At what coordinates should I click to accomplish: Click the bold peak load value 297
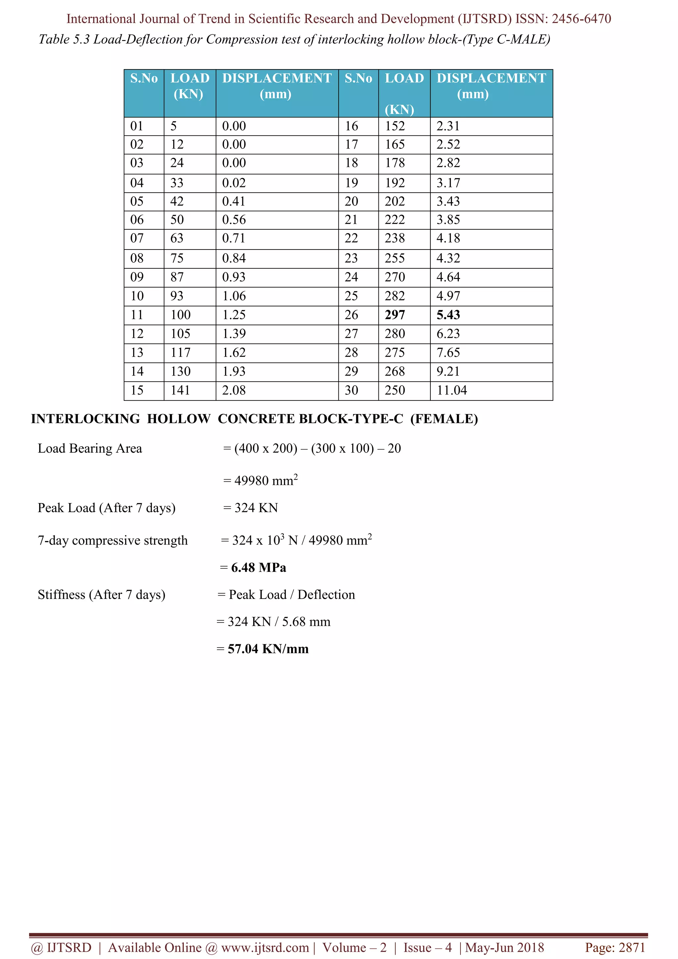coord(395,315)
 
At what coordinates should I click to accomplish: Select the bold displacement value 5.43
coord(448,315)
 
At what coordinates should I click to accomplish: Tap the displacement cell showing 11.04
coord(452,390)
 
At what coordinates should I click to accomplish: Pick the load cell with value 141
coord(180,390)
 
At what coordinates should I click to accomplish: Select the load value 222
coord(395,220)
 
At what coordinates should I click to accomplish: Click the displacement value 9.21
coord(448,372)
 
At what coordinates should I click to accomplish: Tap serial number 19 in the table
coord(351,183)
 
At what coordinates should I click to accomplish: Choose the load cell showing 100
coord(180,315)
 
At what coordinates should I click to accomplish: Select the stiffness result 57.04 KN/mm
coord(268,649)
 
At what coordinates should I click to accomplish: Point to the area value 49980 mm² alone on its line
coord(266,481)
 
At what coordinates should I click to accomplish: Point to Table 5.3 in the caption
coord(64,39)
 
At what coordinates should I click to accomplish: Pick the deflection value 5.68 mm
coord(306,622)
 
